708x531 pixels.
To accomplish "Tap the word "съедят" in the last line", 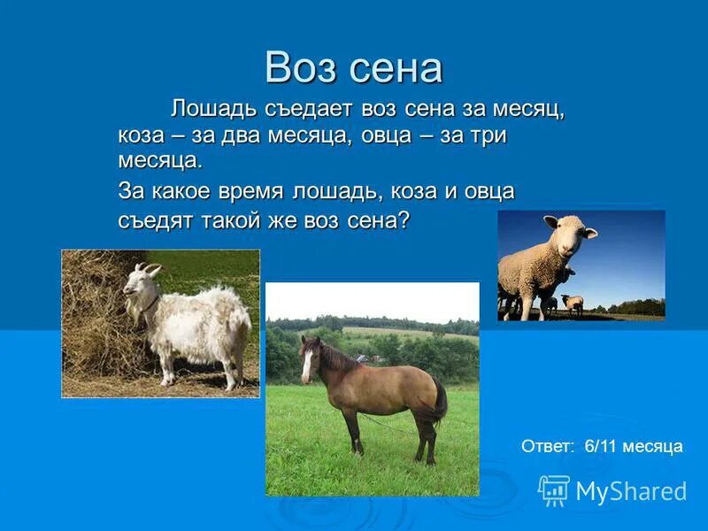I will pyautogui.click(x=153, y=219).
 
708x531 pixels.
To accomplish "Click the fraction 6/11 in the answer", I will pyautogui.click(x=601, y=446).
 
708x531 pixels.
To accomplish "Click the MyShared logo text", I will pyautogui.click(x=631, y=491).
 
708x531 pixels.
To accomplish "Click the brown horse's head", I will pyautogui.click(x=309, y=358).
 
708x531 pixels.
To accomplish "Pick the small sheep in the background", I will pyautogui.click(x=573, y=304).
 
